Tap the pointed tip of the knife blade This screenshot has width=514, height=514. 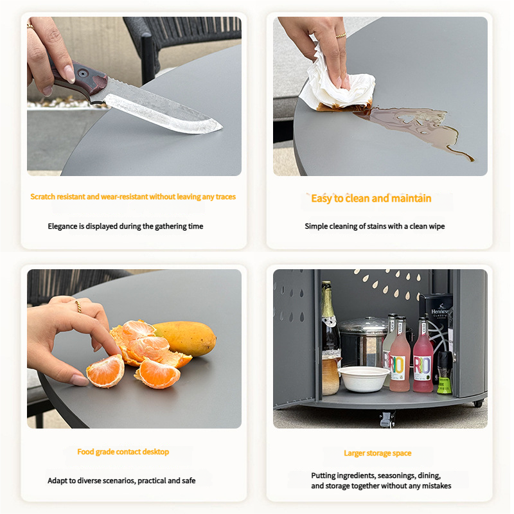222,127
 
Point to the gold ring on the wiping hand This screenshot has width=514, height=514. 341,35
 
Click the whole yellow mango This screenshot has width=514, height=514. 185,339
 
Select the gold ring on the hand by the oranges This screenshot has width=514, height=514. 78,306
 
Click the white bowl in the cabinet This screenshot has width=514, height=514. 364,378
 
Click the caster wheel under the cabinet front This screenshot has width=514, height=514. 387,420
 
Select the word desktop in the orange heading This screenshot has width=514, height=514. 155,452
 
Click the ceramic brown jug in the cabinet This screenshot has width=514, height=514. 331,375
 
